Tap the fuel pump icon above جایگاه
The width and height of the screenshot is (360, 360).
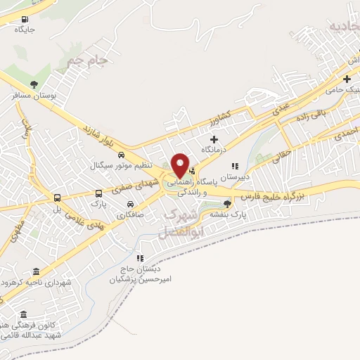pos(25,19)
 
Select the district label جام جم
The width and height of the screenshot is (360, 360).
pos(89,63)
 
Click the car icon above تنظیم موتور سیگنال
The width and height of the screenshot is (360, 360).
pos(122,155)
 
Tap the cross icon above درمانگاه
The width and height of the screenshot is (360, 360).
pos(214,139)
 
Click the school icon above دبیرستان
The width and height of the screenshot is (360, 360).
pos(236,156)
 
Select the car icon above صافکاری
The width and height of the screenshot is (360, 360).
pos(129,205)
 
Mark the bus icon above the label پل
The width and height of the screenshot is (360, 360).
pos(58,198)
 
